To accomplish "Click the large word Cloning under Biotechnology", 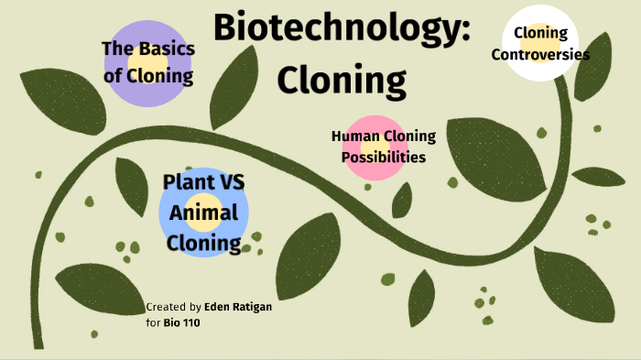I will coord(342,81).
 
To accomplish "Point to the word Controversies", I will coord(540,54).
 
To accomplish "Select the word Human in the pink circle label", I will coord(354,136).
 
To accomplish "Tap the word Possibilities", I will coord(384,157).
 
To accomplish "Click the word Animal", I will coord(204,213).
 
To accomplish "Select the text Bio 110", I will coord(183,322).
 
